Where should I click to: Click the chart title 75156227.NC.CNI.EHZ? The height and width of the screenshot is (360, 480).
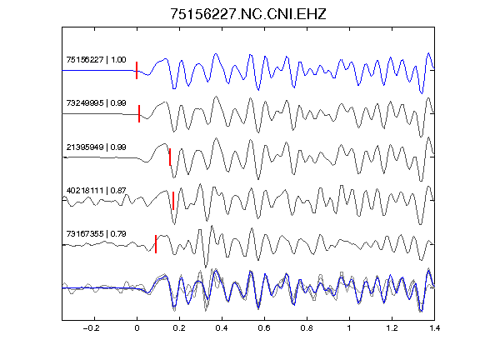[248, 14]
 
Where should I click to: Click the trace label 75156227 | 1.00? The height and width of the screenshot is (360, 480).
[96, 59]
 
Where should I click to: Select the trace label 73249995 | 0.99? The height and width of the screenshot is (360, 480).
[96, 102]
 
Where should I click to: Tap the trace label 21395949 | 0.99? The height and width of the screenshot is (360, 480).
[96, 147]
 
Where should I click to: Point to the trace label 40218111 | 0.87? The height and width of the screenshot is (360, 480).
[96, 190]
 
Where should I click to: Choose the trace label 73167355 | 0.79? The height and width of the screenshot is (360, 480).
[96, 234]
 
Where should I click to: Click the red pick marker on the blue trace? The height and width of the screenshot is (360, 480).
[137, 70]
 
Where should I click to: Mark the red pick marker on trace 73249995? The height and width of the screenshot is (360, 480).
[139, 114]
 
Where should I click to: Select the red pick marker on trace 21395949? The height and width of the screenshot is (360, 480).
[170, 157]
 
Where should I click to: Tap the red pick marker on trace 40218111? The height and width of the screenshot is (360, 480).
[173, 201]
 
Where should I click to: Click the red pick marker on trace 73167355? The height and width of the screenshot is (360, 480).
[156, 244]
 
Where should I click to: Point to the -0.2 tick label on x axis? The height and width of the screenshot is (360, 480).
[91, 328]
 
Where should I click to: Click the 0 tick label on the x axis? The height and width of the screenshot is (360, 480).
[137, 328]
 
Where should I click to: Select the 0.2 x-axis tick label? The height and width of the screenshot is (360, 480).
[179, 328]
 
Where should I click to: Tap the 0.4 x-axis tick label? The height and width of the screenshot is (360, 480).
[222, 328]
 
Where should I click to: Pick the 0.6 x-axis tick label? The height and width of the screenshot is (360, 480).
[264, 328]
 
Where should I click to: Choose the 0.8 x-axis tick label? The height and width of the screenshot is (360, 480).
[307, 328]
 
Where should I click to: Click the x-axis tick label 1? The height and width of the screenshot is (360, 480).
[349, 328]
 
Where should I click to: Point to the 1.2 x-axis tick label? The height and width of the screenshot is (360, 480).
[392, 328]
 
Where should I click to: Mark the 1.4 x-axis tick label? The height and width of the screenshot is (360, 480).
[434, 328]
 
